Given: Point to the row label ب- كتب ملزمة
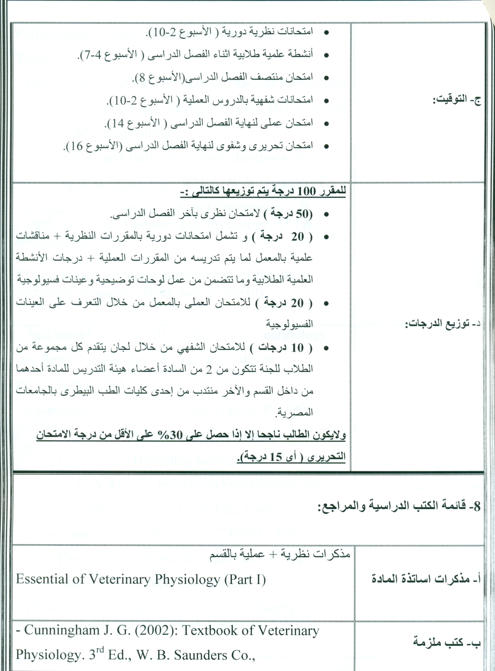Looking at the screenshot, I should click(x=447, y=642).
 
